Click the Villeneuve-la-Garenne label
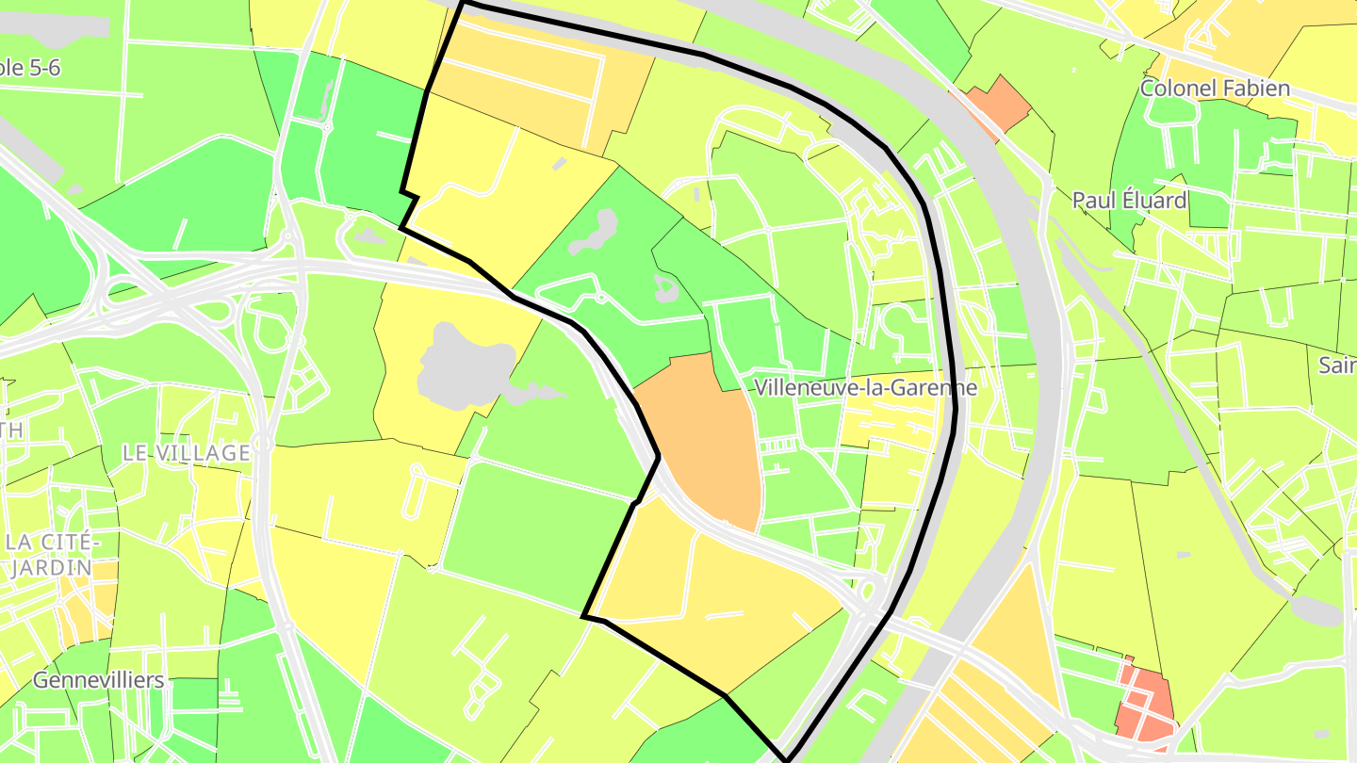coord(865,387)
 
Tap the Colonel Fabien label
coord(1214,89)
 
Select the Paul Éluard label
coord(1129,200)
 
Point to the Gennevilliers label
coord(98,680)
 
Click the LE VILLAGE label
coord(186,452)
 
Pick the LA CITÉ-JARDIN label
coord(51,555)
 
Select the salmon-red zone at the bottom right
coord(1145,703)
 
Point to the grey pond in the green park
coord(594,234)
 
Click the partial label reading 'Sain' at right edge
coord(1336,365)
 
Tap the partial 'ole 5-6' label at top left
coord(28,68)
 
